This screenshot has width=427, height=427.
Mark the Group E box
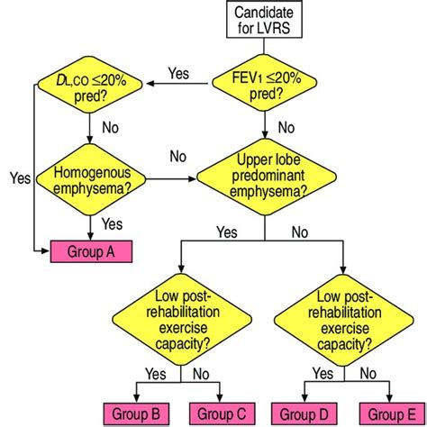coord(385,413)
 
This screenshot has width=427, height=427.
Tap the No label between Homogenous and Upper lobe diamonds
coord(178,158)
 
